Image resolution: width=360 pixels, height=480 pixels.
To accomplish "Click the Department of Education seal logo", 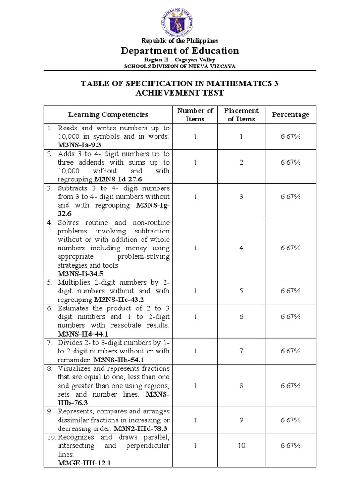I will (180, 19).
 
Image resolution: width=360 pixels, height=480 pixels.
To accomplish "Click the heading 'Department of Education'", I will (180, 51).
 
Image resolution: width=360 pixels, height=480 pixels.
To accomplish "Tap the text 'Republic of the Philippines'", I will (180, 41).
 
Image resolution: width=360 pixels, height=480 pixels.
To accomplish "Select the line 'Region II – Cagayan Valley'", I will (180, 60).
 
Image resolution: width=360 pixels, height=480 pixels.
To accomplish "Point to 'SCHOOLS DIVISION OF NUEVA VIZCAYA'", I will (180, 67).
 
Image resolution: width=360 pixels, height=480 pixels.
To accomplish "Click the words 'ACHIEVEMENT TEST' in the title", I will (180, 92).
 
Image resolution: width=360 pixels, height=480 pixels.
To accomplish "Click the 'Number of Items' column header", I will (195, 114).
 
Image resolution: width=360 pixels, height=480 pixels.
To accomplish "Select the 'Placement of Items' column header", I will (241, 114).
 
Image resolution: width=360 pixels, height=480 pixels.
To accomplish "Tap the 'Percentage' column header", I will (291, 114).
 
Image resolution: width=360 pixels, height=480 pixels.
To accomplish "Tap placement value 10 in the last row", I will (241, 446).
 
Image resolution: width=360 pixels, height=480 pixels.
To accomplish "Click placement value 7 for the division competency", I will (241, 351).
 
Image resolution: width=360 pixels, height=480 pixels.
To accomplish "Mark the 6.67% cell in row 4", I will (291, 248).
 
